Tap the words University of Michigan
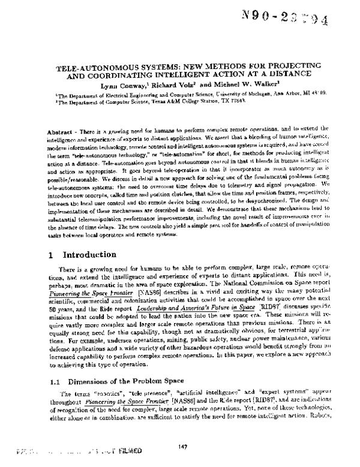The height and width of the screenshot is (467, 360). pyautogui.click(x=248, y=95)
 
